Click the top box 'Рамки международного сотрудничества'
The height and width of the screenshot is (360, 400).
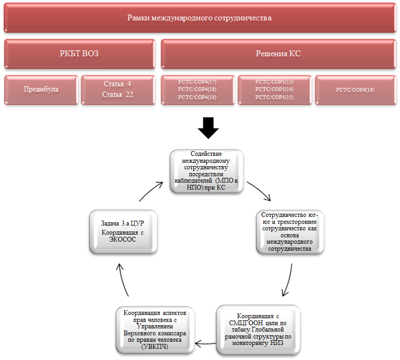199,18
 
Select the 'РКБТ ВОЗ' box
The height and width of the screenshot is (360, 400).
79,54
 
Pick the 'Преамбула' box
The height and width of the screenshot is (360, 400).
41,89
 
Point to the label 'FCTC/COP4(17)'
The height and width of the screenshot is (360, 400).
198,81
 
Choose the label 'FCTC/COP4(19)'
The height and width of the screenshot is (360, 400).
198,97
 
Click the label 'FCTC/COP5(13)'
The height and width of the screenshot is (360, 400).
275,81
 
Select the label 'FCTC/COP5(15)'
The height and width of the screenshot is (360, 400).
275,97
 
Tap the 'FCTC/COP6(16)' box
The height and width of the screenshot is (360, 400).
355,89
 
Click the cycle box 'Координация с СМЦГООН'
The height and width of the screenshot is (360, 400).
258,327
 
